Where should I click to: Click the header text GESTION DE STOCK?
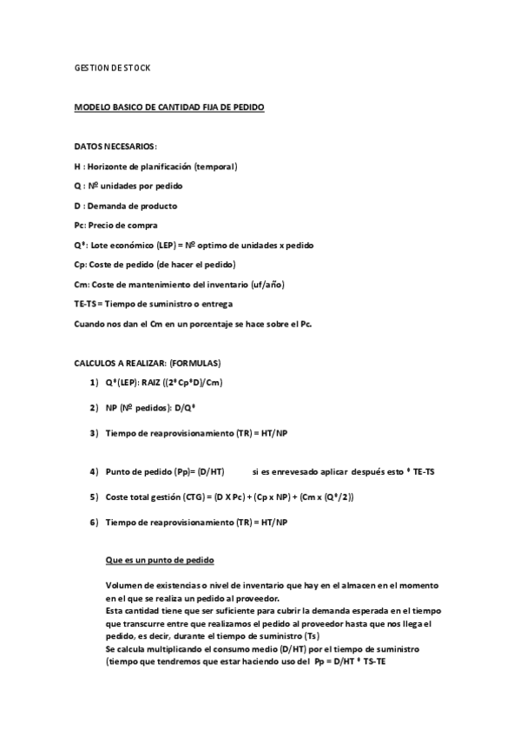pos(113,67)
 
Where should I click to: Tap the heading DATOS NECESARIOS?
pos(115,146)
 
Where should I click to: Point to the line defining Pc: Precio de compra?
pos(116,225)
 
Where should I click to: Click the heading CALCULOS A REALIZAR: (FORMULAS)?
pos(148,362)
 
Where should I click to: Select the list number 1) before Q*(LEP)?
pos(93,383)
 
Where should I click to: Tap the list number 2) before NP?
pos(93,407)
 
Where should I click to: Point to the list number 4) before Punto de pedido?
pos(93,471)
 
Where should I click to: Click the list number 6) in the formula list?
pos(93,522)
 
